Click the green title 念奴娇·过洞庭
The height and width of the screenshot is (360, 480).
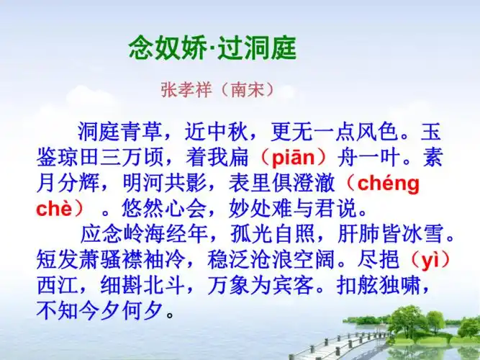(212, 50)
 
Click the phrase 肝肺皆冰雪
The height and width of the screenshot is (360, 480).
(399, 235)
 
